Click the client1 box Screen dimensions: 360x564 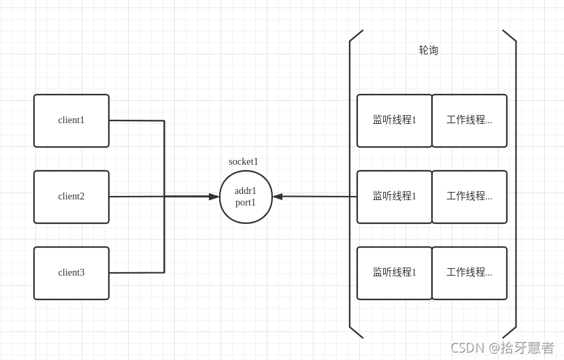71,120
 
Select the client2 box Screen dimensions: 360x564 71,197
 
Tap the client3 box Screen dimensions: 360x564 71,273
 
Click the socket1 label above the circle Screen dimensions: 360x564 244,161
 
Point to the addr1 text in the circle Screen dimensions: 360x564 246,191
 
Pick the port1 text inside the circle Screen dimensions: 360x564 246,202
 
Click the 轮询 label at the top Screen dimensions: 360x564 429,50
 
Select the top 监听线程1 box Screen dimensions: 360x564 395,120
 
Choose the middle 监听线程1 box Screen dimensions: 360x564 395,197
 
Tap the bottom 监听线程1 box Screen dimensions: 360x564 395,273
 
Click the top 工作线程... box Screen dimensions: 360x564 469,120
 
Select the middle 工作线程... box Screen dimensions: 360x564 469,197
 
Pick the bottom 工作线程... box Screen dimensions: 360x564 469,273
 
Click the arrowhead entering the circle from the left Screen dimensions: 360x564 214,197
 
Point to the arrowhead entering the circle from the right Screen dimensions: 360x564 278,197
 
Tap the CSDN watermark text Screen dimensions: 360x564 502,348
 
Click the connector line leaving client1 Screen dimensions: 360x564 136,120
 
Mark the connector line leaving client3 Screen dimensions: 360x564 136,273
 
